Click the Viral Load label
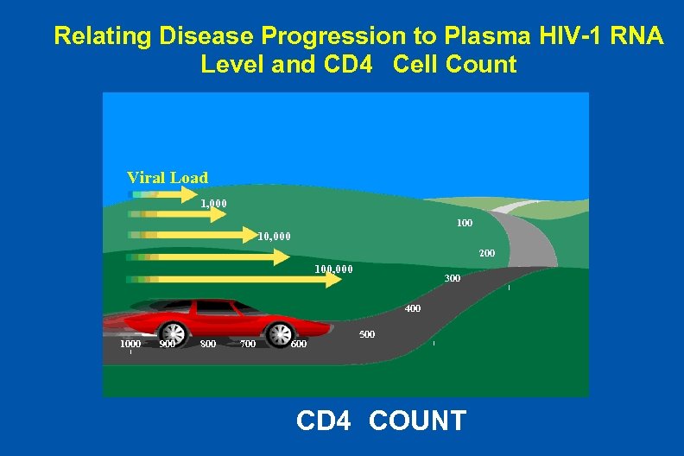[x=167, y=178]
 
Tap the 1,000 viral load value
[x=213, y=205]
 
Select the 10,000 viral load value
[x=275, y=235]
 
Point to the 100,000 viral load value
[x=333, y=269]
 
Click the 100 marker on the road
[x=464, y=223]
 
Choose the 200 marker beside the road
[x=486, y=253]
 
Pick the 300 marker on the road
[x=452, y=278]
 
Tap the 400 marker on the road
[x=413, y=308]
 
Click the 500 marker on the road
[x=367, y=333]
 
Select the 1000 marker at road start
[x=130, y=344]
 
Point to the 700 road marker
[x=247, y=344]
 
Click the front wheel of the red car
[x=281, y=333]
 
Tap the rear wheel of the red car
[x=174, y=333]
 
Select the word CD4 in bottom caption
[x=323, y=421]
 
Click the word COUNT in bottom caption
[x=417, y=421]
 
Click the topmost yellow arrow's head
[x=191, y=195]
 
